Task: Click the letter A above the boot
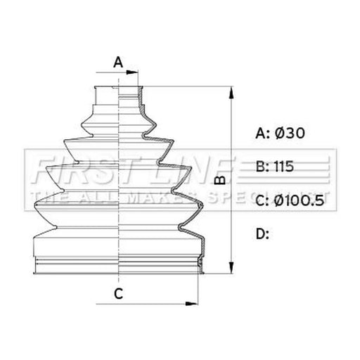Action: click(x=118, y=63)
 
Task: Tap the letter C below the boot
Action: click(x=119, y=293)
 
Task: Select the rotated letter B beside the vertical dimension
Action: click(x=220, y=180)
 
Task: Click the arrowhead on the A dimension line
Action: click(x=131, y=72)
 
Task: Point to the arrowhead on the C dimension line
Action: click(x=191, y=304)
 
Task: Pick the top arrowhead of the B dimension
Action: click(x=231, y=93)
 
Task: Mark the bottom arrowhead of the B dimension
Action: click(x=231, y=267)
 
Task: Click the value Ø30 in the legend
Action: click(x=290, y=133)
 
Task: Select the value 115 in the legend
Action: click(x=284, y=167)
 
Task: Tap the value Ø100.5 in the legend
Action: click(x=299, y=200)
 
